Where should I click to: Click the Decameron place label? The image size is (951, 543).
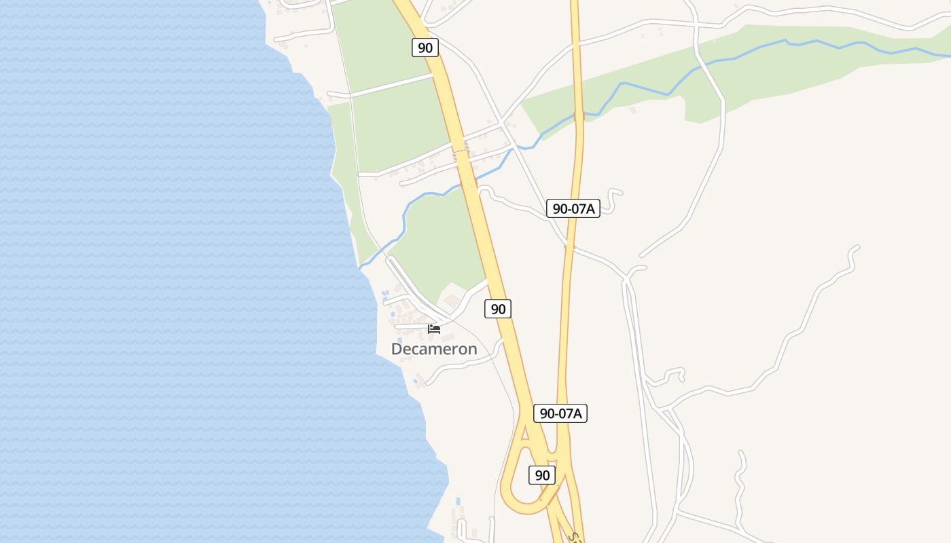[x=434, y=349]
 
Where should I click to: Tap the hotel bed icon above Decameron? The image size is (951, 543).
[x=434, y=329]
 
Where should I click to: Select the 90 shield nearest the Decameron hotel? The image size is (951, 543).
[x=498, y=309]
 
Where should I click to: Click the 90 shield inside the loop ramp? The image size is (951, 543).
[x=541, y=475]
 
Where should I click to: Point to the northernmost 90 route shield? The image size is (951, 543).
[x=425, y=48]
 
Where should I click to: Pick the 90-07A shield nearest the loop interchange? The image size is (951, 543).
[x=560, y=413]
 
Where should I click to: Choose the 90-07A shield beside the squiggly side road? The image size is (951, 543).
[x=573, y=208]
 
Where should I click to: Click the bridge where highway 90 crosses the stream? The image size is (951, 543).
[x=469, y=183]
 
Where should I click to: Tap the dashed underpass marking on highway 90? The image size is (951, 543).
[x=461, y=147]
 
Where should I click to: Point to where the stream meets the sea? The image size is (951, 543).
[x=360, y=267]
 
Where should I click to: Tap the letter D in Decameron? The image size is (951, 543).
[x=397, y=349]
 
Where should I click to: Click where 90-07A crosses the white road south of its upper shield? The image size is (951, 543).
[x=570, y=247]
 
